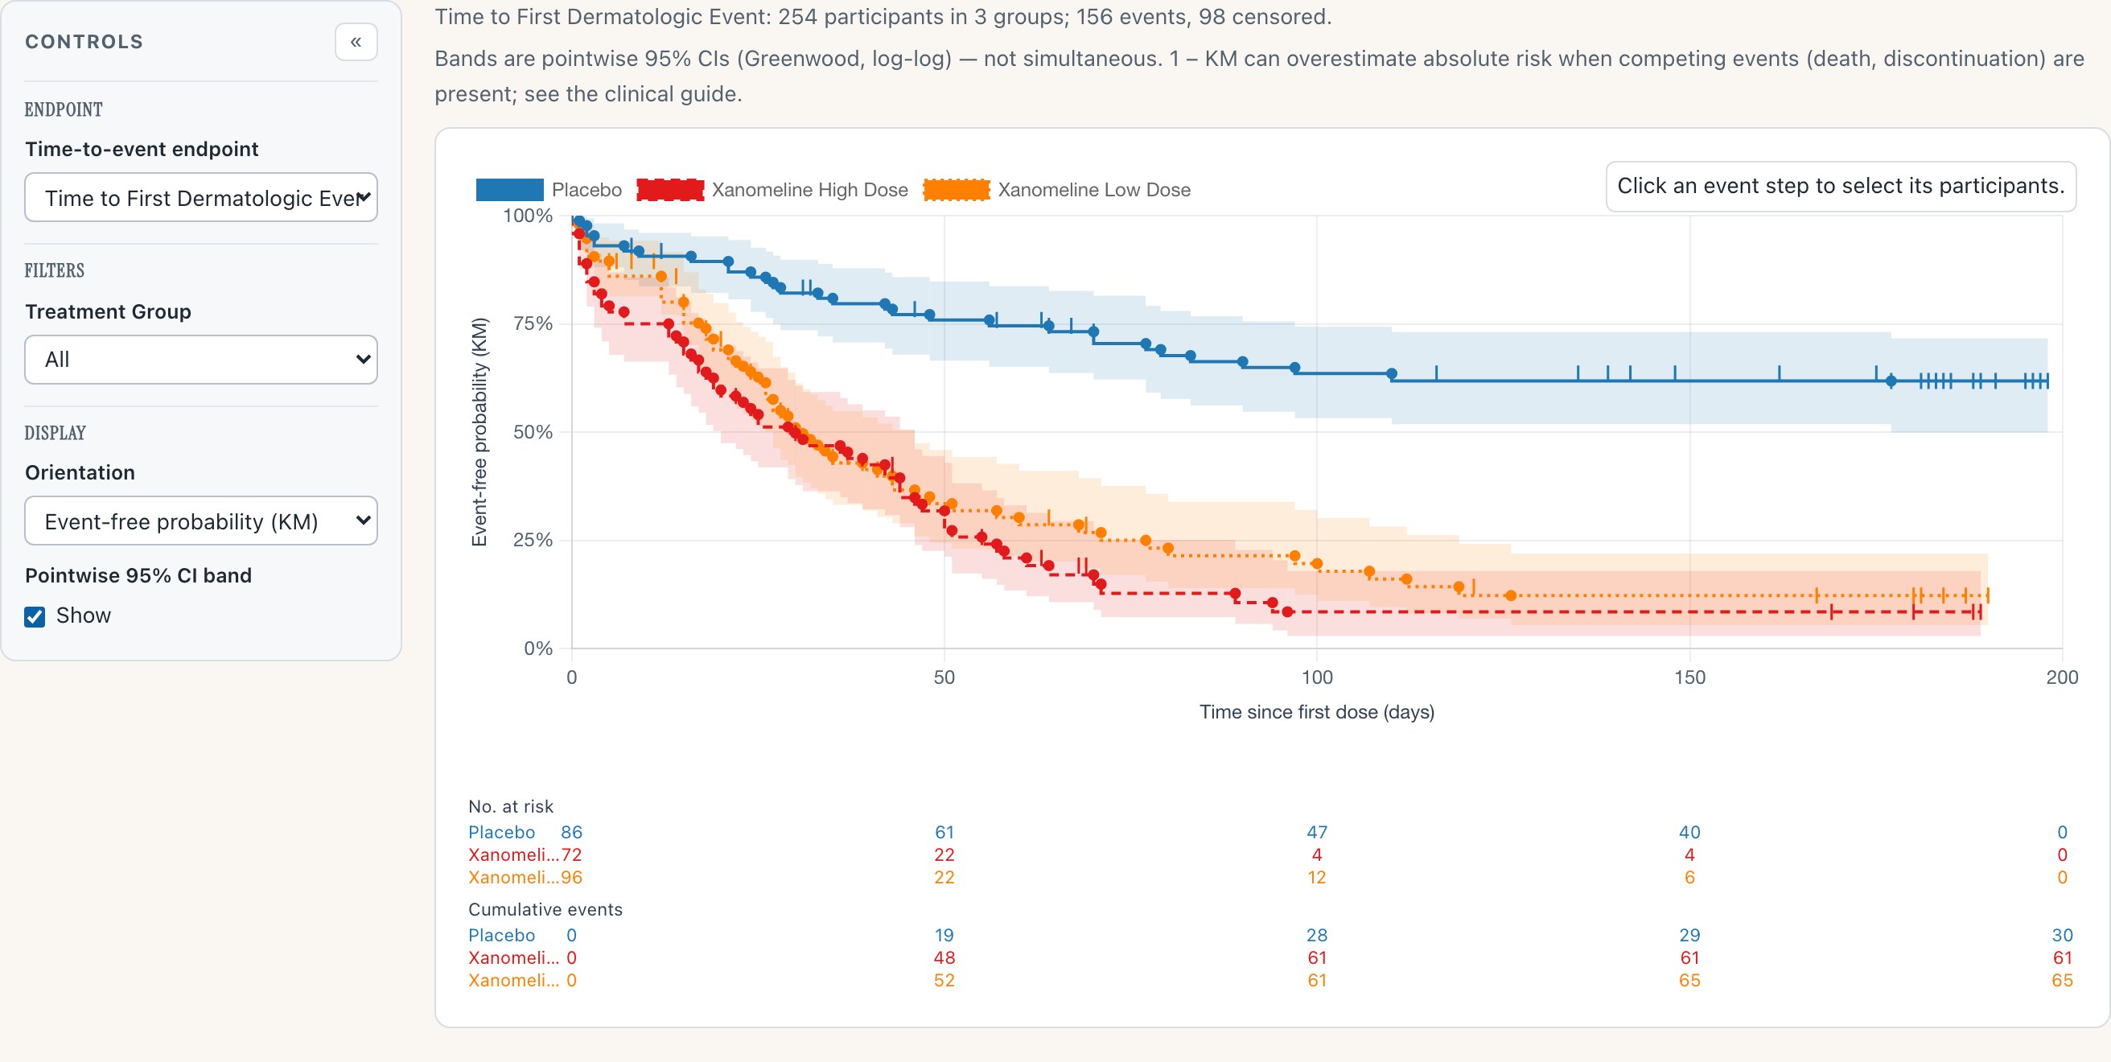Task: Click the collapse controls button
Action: [x=356, y=42]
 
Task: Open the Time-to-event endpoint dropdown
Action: [x=201, y=197]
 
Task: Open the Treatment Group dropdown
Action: [x=201, y=360]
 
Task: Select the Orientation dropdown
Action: [x=201, y=521]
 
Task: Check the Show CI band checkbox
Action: [x=35, y=616]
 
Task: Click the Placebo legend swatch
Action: [x=509, y=190]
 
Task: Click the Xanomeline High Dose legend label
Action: [x=809, y=190]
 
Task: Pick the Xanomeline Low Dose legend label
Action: [x=1094, y=190]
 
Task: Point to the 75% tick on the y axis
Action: [x=533, y=323]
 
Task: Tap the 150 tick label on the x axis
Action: [x=1689, y=677]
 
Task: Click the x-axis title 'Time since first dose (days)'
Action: [x=1317, y=712]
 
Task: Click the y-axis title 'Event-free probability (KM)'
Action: [x=479, y=432]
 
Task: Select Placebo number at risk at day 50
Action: [x=944, y=833]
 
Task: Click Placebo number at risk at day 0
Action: [x=571, y=833]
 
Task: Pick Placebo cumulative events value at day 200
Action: [x=2062, y=936]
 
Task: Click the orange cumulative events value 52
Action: [x=944, y=981]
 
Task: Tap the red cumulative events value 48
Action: [x=944, y=958]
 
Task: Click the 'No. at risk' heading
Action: [x=511, y=807]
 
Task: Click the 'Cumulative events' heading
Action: [x=545, y=910]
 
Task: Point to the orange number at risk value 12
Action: [x=1317, y=878]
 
